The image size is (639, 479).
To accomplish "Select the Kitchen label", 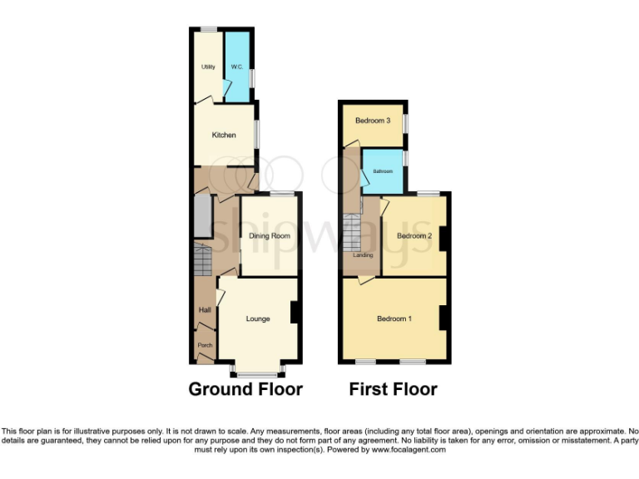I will (x=224, y=135).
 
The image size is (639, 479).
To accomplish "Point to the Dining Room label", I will (x=270, y=236).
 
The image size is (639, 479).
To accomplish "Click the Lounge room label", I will (x=258, y=319).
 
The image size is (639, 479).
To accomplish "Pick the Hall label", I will (x=203, y=310).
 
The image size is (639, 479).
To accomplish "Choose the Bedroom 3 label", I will (x=373, y=121).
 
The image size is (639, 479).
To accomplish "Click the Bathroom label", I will (x=383, y=171).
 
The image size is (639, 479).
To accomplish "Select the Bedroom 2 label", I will (x=414, y=236).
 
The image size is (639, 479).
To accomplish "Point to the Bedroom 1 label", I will (x=394, y=319).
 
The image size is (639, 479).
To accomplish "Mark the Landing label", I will (x=363, y=255).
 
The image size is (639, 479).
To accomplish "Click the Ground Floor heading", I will (x=245, y=389).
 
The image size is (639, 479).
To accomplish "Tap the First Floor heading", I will (x=393, y=389).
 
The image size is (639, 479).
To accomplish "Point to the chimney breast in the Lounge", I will (x=294, y=312).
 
